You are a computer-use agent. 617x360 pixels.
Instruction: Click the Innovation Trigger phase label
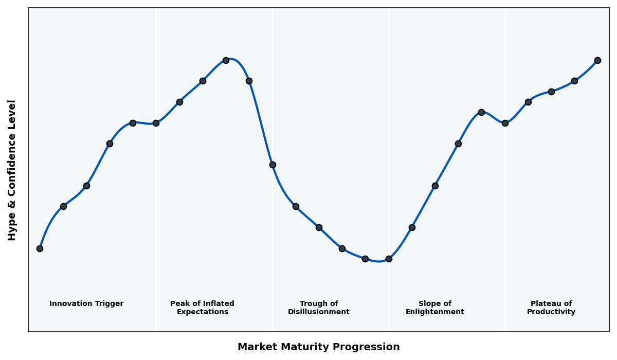[86, 304]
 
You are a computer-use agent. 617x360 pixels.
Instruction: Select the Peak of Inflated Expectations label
[202, 308]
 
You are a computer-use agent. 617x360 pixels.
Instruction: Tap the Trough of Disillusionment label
[319, 308]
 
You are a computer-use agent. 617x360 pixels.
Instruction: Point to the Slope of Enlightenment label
[435, 308]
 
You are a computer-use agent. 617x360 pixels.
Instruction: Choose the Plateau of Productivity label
[551, 308]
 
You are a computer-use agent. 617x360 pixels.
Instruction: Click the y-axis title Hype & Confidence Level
[12, 170]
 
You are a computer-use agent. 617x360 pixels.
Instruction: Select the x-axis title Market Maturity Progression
[319, 347]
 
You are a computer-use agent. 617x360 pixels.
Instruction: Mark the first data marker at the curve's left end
[40, 248]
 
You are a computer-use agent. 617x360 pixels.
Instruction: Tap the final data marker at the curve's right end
[597, 60]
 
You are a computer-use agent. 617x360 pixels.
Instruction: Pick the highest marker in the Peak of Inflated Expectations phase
[226, 60]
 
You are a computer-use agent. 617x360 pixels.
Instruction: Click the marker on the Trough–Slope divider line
[389, 259]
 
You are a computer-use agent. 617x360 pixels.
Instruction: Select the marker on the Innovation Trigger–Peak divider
[156, 123]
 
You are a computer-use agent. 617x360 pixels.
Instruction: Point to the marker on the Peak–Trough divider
[273, 165]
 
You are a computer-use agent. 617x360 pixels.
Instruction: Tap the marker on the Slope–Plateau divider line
[505, 123]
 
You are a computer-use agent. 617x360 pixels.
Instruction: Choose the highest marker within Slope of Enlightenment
[481, 112]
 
